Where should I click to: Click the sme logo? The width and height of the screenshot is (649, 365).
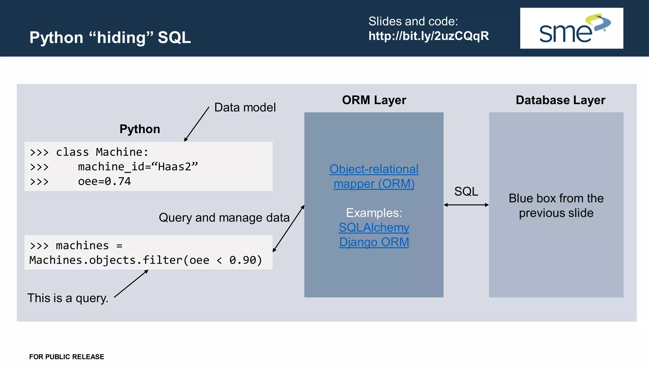click(571, 29)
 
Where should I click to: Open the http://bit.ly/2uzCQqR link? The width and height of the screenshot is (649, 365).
click(428, 36)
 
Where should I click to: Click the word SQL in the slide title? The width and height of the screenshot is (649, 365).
click(174, 38)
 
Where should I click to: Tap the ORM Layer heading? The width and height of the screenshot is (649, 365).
click(374, 100)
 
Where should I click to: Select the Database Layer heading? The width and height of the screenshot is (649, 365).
click(560, 100)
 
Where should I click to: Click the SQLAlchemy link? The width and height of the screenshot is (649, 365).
click(374, 227)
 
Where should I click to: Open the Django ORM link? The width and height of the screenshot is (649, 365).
click(374, 242)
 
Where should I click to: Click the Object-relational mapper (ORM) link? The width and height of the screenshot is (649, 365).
click(374, 176)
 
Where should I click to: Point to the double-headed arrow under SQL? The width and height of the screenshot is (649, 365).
click(466, 205)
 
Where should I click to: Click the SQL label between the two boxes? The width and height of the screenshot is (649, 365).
click(466, 191)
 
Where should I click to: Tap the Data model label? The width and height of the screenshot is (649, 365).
click(245, 108)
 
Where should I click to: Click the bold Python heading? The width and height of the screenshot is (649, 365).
click(140, 129)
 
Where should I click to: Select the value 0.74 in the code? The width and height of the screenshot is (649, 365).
click(118, 182)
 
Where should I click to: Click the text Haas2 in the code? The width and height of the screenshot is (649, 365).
click(175, 167)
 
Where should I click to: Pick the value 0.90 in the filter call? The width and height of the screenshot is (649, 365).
click(243, 260)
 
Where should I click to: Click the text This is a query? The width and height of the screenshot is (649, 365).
click(68, 298)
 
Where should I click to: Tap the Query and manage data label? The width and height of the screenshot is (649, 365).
click(224, 218)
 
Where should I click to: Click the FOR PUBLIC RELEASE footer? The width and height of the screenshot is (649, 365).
click(67, 357)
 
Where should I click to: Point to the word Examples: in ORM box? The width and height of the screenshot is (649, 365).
click(374, 213)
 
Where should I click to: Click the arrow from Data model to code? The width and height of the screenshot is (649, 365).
click(196, 125)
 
